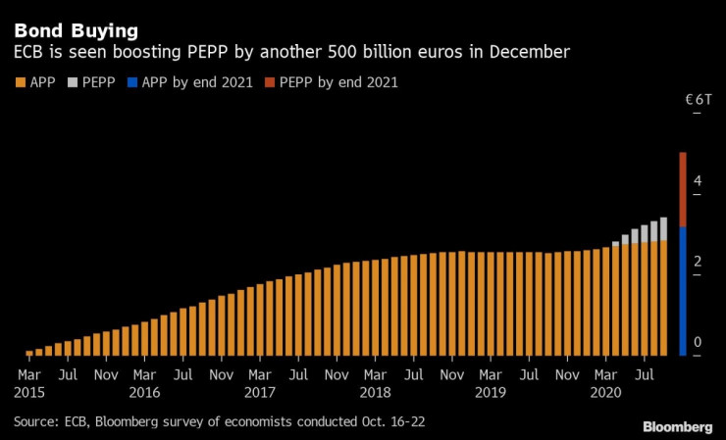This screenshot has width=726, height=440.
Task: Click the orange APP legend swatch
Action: coord(20,82)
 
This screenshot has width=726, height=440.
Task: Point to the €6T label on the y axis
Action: coord(698,99)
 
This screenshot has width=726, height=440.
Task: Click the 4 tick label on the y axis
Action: coord(698,181)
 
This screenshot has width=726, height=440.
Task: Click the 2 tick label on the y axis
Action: coord(698,262)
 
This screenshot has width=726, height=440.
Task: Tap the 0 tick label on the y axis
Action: coord(698,342)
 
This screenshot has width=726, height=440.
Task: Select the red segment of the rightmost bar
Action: coord(683,189)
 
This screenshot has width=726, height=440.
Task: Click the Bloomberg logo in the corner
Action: coord(678,426)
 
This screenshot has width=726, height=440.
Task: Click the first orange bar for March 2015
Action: coord(29,352)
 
